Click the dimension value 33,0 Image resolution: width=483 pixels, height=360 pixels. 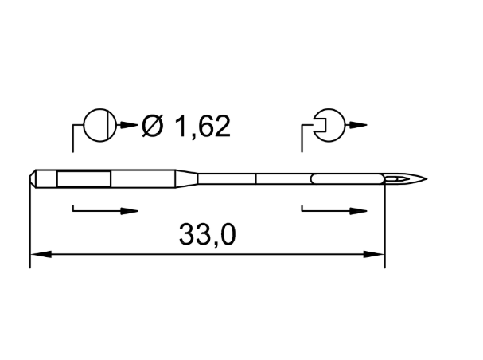(x=208, y=235)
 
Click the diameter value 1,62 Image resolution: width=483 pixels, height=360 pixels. (x=202, y=126)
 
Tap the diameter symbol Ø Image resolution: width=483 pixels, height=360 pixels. (x=152, y=126)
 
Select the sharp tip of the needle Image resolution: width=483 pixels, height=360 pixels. (x=427, y=178)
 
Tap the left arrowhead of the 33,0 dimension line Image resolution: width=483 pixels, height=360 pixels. (x=41, y=254)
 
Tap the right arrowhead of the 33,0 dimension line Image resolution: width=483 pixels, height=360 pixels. (x=374, y=254)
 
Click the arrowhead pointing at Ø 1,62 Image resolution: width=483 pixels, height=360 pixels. (x=129, y=125)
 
